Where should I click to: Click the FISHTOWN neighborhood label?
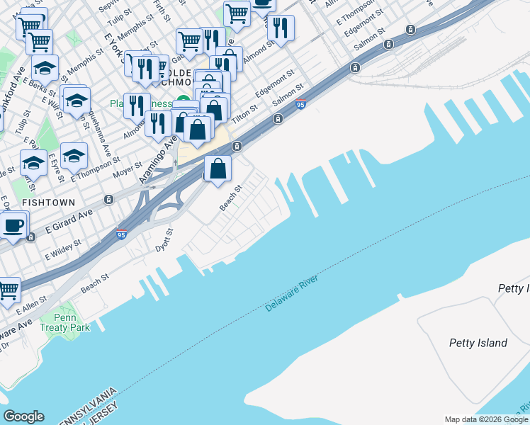[47, 202]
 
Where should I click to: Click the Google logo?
[23, 416]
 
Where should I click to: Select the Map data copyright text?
[486, 419]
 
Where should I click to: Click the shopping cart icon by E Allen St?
[9, 290]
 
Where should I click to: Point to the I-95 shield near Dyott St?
[122, 234]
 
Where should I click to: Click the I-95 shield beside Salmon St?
[300, 105]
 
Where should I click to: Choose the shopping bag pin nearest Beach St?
[218, 169]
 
